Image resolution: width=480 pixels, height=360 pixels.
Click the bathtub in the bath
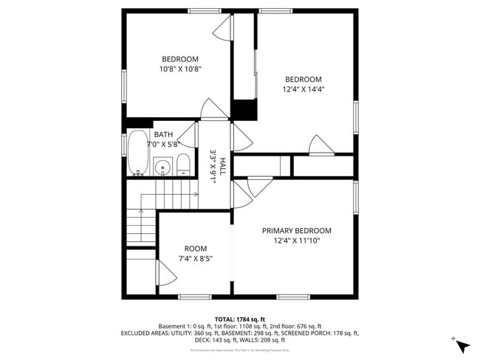click(x=137, y=153)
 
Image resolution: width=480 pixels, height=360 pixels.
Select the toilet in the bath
click(x=183, y=165)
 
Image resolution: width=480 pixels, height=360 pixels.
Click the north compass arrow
click(x=462, y=345)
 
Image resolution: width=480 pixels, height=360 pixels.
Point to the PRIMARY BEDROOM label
click(x=297, y=230)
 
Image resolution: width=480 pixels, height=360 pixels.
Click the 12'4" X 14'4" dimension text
click(x=304, y=89)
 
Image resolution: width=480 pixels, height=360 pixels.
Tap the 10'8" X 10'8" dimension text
click(x=180, y=69)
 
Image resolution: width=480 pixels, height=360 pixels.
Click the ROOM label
click(x=196, y=249)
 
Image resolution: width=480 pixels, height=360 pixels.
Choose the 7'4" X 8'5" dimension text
click(x=196, y=258)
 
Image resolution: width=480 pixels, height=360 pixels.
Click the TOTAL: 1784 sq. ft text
click(x=239, y=319)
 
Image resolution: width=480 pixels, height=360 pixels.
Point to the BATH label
click(x=163, y=134)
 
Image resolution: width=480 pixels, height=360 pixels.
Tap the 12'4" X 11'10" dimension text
click(x=297, y=240)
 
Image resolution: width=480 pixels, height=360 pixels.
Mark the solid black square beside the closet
click(x=244, y=108)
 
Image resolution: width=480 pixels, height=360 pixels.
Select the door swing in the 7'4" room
click(x=167, y=277)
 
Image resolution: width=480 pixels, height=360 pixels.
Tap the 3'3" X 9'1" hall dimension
click(x=213, y=167)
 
